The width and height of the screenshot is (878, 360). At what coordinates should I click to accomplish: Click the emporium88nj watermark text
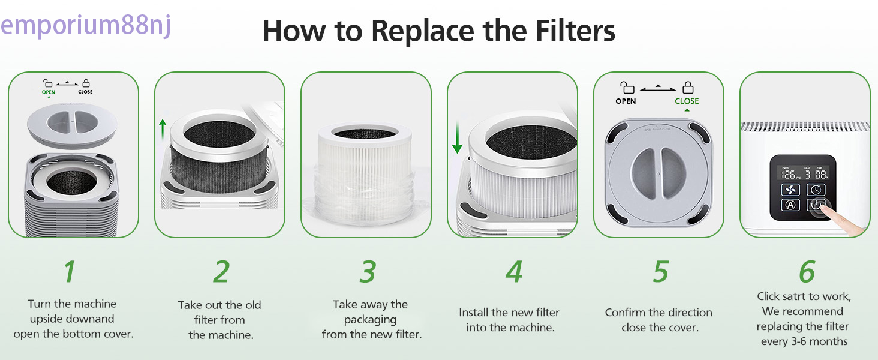86,26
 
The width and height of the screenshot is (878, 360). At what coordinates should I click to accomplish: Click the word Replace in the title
423,31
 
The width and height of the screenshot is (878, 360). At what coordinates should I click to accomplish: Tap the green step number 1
70,271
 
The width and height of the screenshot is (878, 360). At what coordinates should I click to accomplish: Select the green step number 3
368,271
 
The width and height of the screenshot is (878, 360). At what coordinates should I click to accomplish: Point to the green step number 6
807,271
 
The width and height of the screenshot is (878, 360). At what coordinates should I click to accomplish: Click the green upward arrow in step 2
163,130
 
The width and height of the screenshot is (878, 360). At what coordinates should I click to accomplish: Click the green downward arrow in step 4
457,137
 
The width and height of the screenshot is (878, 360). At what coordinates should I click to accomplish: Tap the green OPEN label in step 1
49,92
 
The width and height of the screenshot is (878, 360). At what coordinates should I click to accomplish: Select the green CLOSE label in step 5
687,101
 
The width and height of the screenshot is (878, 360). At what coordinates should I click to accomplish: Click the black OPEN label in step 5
626,101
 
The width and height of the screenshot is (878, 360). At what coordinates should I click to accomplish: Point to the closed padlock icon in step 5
688,87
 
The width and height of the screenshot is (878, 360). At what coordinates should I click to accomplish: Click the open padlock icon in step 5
627,87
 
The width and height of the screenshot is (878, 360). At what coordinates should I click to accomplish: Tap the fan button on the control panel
790,190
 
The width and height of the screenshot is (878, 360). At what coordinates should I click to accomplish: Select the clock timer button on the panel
816,190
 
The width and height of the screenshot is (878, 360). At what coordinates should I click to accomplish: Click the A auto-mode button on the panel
790,205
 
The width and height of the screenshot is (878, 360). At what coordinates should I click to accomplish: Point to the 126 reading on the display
788,174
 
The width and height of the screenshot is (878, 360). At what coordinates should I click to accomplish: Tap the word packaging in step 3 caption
371,320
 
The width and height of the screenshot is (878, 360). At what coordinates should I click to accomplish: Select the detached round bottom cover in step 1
72,125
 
